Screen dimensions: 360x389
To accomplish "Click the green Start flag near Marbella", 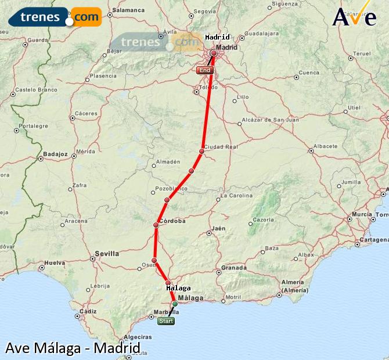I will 166,321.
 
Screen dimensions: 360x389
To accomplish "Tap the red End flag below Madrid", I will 205,70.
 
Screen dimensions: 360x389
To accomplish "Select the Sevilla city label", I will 107,254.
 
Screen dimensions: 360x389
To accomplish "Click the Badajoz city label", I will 56,154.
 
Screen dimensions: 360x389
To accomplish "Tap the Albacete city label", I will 325,146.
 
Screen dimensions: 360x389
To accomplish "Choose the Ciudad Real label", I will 221,147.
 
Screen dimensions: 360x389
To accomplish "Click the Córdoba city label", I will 172,221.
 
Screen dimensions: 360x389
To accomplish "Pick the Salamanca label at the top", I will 128,10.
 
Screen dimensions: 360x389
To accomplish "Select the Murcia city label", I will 362,214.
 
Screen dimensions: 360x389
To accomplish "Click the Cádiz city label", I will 88,311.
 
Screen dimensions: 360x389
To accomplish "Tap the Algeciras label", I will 138,337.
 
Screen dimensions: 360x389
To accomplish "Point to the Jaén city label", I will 218,228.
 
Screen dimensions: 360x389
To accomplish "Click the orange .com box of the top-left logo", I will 86,17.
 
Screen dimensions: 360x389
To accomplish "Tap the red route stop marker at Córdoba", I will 156,225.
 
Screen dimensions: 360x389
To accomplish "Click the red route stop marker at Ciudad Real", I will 201,151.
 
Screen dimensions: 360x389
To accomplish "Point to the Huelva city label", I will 55,262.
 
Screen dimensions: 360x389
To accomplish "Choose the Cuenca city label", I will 309,73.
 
